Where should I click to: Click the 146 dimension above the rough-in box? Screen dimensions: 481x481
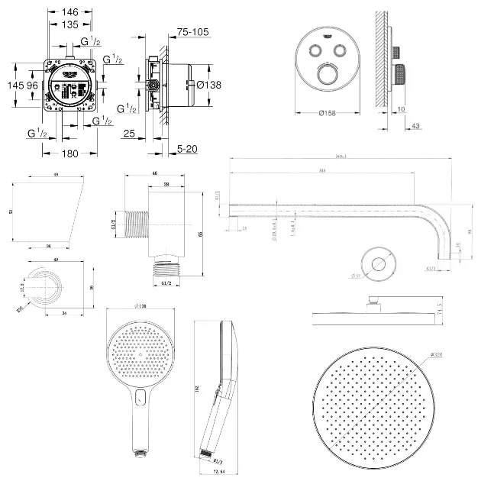pyautogui.click(x=70, y=13)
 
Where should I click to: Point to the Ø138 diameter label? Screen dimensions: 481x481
pyautogui.click(x=208, y=85)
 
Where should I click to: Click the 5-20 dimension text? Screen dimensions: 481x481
pyautogui.click(x=187, y=149)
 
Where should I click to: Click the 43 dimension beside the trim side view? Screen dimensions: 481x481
pyautogui.click(x=416, y=126)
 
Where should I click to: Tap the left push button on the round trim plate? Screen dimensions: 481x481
pyautogui.click(x=315, y=50)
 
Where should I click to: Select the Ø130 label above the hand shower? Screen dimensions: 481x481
pyautogui.click(x=139, y=305)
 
